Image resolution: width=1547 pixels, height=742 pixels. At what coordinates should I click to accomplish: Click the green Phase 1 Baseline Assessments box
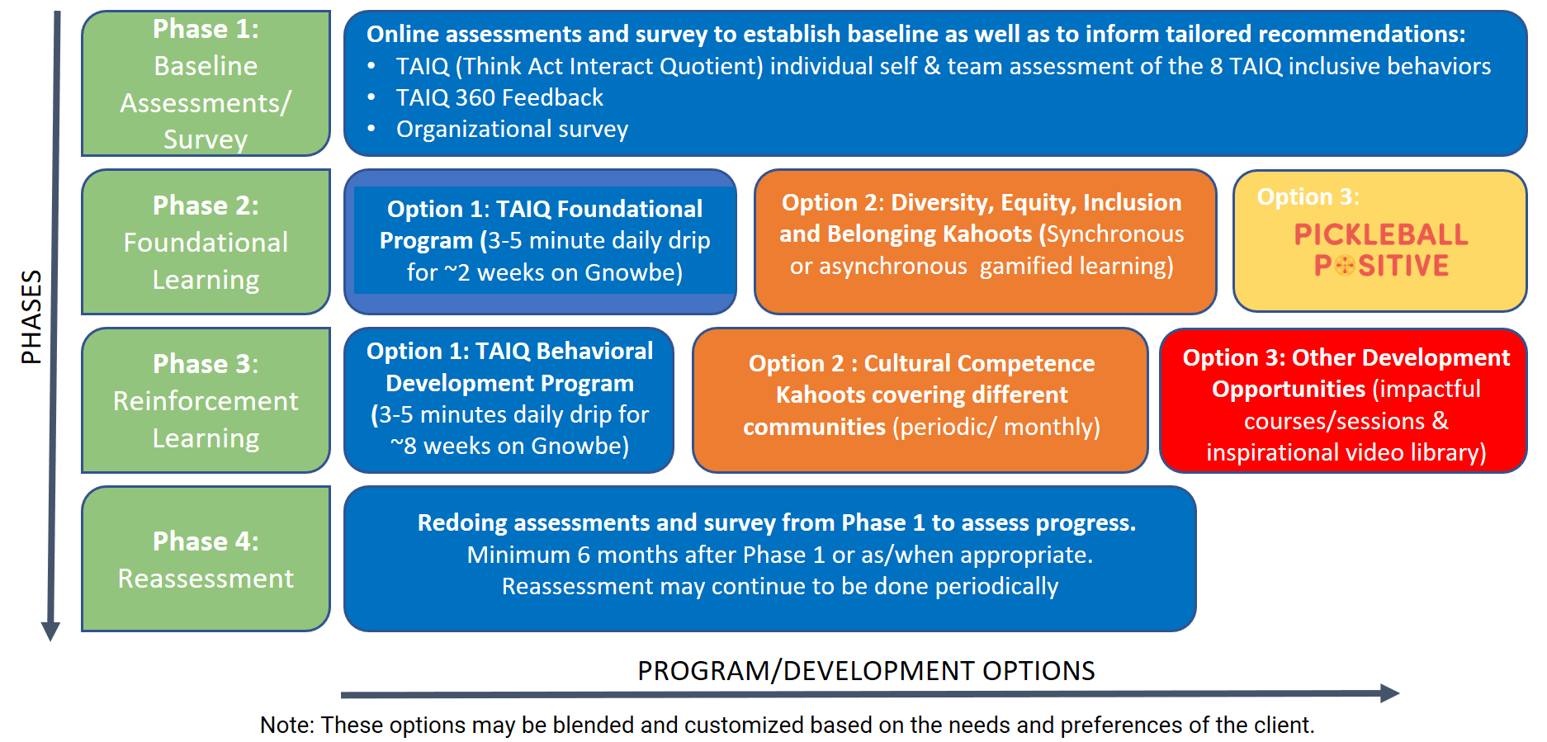tap(206, 83)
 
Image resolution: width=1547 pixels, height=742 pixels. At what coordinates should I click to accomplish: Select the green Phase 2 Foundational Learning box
tap(206, 242)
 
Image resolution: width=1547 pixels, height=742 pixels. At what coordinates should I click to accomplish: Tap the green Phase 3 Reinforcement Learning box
tap(206, 400)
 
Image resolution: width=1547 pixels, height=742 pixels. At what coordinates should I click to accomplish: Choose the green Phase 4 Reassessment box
tap(206, 559)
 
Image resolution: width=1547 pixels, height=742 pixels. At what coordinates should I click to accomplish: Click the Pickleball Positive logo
tap(1381, 249)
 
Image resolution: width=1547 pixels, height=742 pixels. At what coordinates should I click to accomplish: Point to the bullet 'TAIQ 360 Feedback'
tap(499, 97)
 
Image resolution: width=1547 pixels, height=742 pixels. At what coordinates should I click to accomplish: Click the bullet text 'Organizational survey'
tap(512, 129)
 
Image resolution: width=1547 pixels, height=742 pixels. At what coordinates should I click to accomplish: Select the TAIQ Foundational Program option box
tap(540, 242)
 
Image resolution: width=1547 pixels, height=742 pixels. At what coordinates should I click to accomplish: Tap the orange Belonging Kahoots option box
tap(985, 242)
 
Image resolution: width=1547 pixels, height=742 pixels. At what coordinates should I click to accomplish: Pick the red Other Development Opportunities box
tap(1343, 400)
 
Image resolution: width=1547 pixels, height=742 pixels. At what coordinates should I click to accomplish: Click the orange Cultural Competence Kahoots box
tap(920, 400)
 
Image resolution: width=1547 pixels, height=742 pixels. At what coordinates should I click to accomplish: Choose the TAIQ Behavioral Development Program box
tap(509, 400)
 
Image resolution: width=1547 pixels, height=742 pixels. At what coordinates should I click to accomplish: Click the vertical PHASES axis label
tap(31, 317)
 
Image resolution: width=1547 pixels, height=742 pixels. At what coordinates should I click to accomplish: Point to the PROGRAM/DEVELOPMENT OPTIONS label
tap(866, 671)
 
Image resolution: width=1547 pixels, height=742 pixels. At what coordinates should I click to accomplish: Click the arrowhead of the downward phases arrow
tap(50, 631)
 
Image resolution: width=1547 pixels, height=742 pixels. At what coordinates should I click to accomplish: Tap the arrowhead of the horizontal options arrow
tap(1389, 693)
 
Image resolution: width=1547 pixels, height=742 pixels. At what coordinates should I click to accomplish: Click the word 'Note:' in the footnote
tap(287, 725)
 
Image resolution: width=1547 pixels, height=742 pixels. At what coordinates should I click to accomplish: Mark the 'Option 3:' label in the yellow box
tap(1308, 197)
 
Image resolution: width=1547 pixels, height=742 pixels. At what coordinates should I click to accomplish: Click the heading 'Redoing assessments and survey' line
tap(776, 522)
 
